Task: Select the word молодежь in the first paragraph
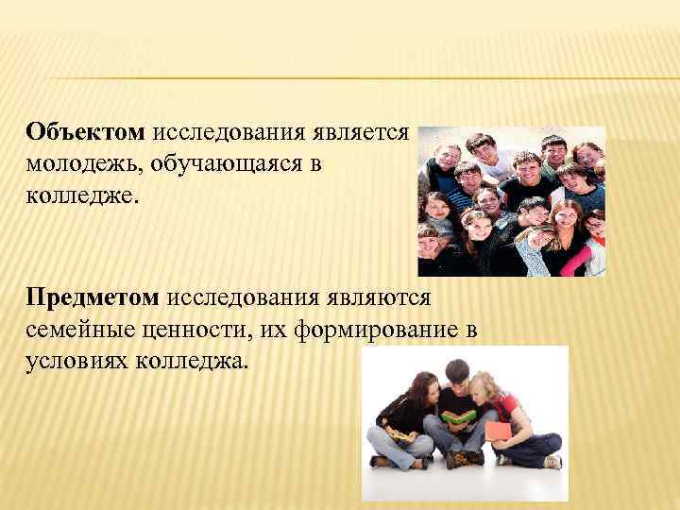(79, 164)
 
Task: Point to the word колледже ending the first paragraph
(81, 195)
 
